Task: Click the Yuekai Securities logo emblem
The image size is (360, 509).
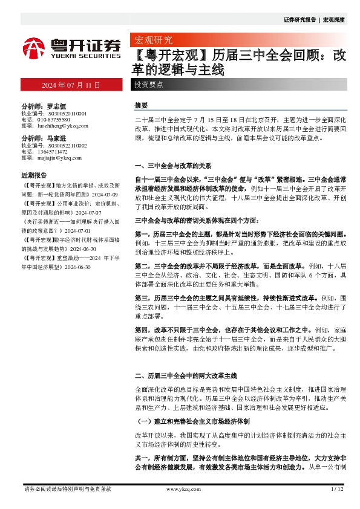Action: click(x=34, y=47)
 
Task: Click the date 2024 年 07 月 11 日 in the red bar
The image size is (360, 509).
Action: click(x=70, y=85)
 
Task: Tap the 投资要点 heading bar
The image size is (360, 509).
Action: click(x=149, y=85)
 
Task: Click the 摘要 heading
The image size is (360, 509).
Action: click(x=141, y=105)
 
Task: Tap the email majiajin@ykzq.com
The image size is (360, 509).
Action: click(x=58, y=158)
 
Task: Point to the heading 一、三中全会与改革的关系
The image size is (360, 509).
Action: click(x=172, y=165)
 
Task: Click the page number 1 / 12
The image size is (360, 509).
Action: click(x=337, y=488)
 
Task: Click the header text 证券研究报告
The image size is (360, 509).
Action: click(x=299, y=19)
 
